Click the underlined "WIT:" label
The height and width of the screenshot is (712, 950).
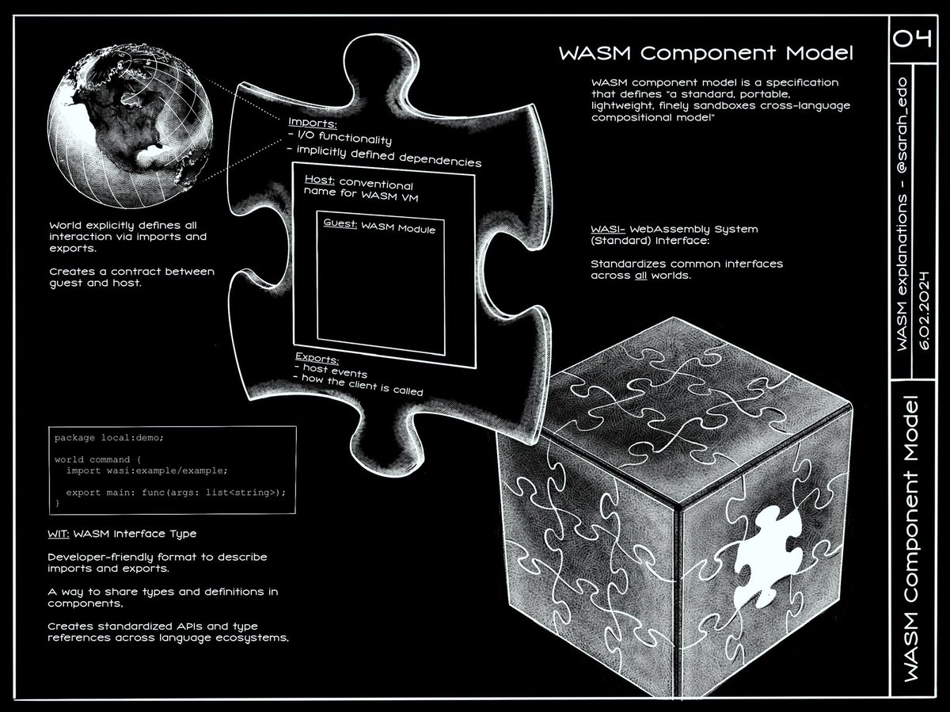(x=59, y=533)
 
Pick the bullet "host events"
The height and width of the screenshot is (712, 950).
(x=333, y=373)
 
